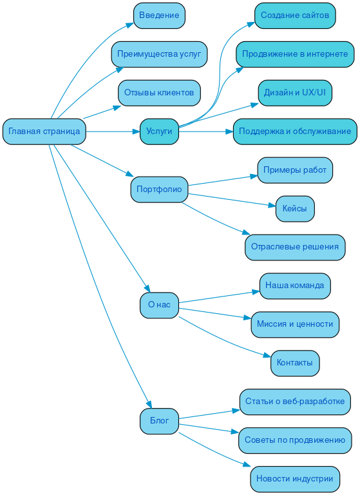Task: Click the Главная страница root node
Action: tap(44, 131)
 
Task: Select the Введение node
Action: tap(159, 15)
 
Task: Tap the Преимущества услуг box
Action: tap(159, 54)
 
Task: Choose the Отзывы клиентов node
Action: tap(159, 93)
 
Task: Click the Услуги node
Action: tap(159, 131)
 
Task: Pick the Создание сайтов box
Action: tap(295, 15)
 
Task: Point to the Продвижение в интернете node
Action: tap(295, 54)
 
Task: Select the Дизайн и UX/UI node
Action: tap(295, 93)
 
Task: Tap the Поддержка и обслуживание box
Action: tap(295, 131)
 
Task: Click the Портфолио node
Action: tap(159, 189)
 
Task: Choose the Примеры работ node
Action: tap(295, 170)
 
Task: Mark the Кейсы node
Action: tap(295, 209)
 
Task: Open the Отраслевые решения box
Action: tap(295, 247)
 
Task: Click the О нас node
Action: tap(159, 305)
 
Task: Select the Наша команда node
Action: tap(295, 286)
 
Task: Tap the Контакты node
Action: tap(295, 363)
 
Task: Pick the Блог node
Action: tap(159, 421)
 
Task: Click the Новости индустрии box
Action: tap(295, 479)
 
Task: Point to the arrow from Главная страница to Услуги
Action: tap(113, 131)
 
